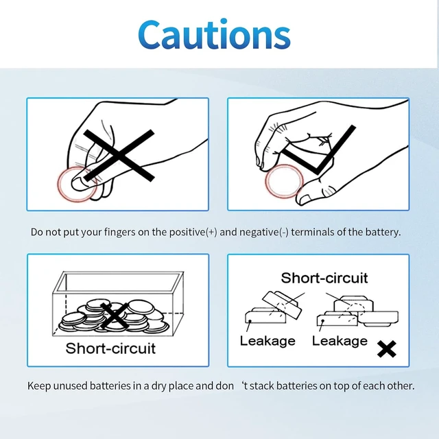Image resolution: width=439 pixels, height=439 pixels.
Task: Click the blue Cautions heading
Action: click(215, 35)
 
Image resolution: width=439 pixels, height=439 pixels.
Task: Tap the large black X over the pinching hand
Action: click(119, 156)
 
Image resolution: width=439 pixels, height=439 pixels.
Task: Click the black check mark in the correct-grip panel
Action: click(318, 150)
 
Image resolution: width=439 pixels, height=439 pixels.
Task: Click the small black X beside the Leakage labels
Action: click(387, 348)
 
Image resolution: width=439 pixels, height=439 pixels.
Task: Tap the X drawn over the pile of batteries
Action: click(115, 316)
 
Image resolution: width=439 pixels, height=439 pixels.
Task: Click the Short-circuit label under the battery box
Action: click(110, 348)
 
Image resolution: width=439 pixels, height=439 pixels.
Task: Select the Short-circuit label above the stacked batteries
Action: click(324, 278)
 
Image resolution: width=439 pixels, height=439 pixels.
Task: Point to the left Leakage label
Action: click(268, 341)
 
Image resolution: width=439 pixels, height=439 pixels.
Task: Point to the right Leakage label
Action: click(340, 341)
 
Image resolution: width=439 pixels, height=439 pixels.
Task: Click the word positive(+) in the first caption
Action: click(193, 232)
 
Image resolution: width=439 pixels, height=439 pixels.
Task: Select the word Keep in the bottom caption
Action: click(39, 386)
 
